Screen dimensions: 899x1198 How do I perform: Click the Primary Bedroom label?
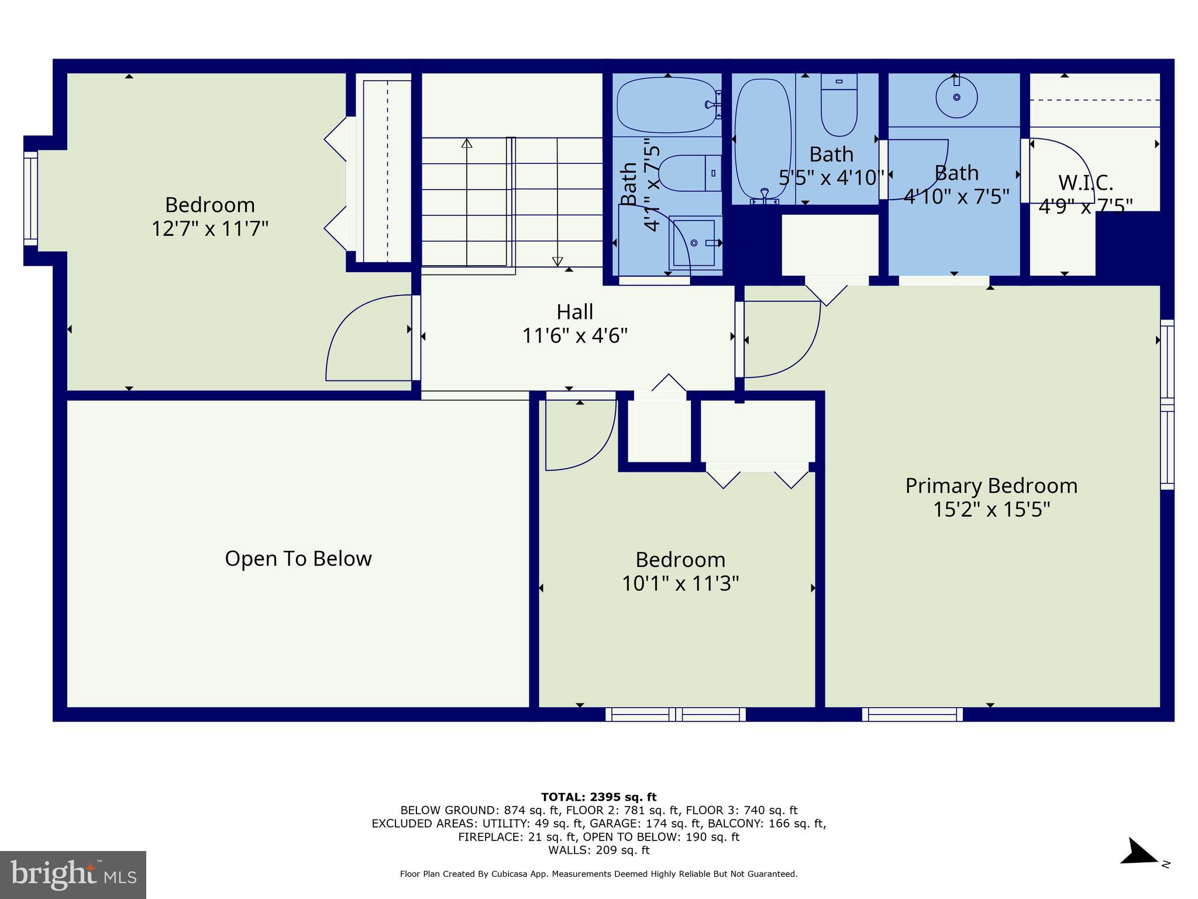coord(991,486)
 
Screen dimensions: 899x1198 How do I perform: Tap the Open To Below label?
coord(298,558)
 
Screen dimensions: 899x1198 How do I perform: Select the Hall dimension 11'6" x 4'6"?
coord(575,336)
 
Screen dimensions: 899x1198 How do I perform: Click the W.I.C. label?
coord(1085,183)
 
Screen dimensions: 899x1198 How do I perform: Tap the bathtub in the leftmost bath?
coord(667,105)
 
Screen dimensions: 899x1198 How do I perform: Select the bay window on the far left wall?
coord(30,199)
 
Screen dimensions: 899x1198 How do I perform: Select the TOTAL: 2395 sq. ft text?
coord(598,797)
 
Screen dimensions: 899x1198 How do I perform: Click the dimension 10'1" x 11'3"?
coord(680,584)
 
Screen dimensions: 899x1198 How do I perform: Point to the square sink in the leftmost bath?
coord(694,242)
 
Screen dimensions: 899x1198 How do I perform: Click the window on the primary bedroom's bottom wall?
coord(912,714)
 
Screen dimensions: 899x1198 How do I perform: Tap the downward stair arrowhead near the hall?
coord(557,261)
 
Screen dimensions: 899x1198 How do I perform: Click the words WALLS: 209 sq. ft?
coord(598,850)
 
